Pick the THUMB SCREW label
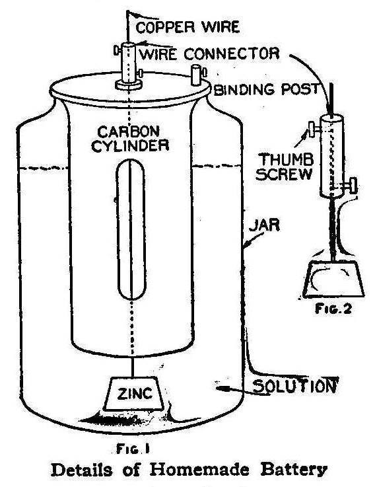(281, 166)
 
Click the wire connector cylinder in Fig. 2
(330, 156)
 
